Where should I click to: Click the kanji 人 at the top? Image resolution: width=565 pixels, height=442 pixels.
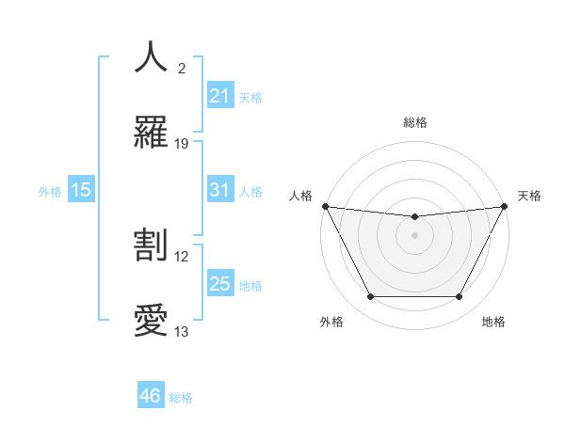coord(151,57)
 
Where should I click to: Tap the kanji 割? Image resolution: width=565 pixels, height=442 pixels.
coord(151,245)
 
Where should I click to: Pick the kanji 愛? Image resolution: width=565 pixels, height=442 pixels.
coord(151,321)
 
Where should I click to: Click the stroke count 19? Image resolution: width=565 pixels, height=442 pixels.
coord(182,144)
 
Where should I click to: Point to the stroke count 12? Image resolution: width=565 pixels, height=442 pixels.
coord(182,256)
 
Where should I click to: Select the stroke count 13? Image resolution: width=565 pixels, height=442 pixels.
coord(182,332)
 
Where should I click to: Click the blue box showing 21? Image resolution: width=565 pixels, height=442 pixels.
coord(220,96)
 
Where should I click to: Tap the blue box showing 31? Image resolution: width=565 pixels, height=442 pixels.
coord(220,190)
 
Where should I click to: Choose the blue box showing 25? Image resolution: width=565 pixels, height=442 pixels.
coord(220,284)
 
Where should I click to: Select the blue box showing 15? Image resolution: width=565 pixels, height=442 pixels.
coord(81,190)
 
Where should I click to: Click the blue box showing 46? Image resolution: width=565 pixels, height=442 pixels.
coord(151,396)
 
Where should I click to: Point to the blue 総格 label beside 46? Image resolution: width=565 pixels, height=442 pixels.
coord(181,398)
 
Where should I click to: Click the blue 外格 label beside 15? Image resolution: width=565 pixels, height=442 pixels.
coord(50,192)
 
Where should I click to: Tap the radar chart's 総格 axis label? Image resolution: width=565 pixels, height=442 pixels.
coord(414,123)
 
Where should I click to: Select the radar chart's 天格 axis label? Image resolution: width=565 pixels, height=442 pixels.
coord(529,196)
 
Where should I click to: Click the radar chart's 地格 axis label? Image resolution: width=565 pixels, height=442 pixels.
coord(493,322)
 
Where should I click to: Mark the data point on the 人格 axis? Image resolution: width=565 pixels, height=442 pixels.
coord(325,206)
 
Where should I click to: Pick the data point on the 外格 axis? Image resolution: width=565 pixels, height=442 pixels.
coord(370,297)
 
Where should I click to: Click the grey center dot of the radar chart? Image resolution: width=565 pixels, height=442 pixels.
coord(414,235)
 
